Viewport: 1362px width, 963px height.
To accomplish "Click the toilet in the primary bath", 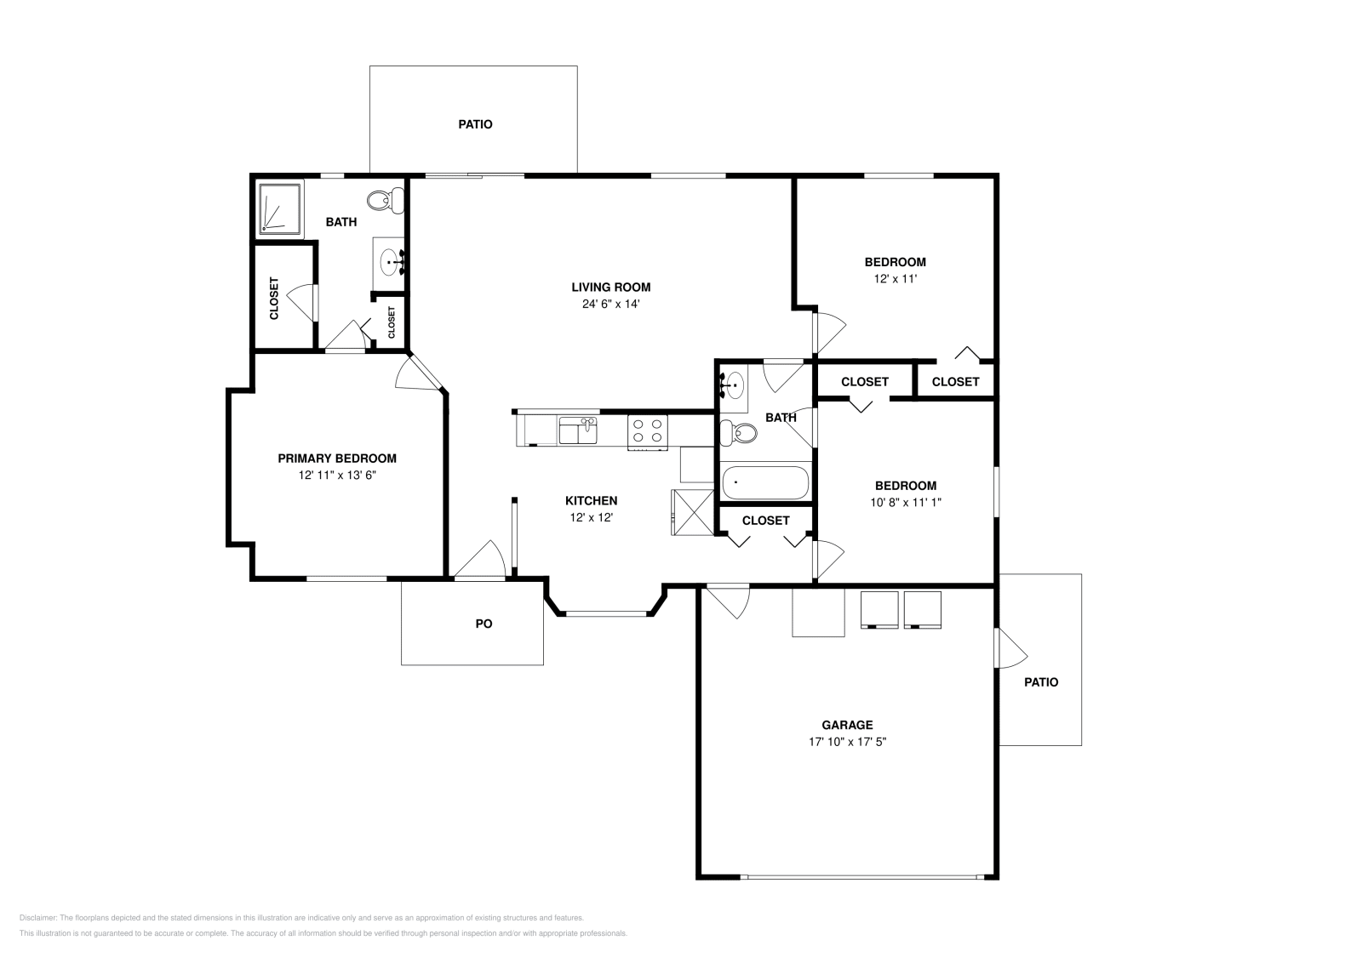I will [385, 202].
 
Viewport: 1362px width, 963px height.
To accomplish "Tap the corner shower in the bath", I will [279, 208].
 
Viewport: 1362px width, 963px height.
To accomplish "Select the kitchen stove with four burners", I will [648, 430].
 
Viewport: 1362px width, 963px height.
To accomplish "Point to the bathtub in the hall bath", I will [765, 483].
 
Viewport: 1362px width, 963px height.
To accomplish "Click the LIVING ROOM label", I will [610, 287].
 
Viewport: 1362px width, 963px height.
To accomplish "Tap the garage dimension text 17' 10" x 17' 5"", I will [847, 742].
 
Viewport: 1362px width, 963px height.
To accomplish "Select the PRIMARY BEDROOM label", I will [337, 459].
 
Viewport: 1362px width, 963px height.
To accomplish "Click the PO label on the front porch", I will [484, 624].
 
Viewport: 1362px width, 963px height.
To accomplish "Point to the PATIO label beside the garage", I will [1040, 682].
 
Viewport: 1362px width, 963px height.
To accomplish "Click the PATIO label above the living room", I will [475, 124].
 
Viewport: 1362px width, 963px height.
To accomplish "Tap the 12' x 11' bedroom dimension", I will [895, 278].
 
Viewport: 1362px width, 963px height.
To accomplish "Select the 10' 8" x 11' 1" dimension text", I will [905, 502].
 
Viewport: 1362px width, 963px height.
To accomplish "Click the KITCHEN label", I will [592, 501].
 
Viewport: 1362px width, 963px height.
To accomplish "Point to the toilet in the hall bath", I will [740, 433].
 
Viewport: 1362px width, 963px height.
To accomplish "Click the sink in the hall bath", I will [732, 385].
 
